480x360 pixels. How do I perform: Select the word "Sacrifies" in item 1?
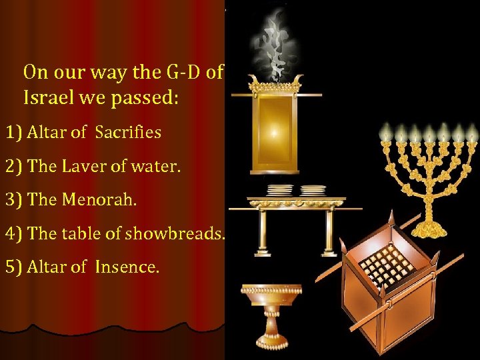[x=128, y=132]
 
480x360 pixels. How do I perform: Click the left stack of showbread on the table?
[x=280, y=190]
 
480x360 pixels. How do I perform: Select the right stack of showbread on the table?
[x=313, y=190]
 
